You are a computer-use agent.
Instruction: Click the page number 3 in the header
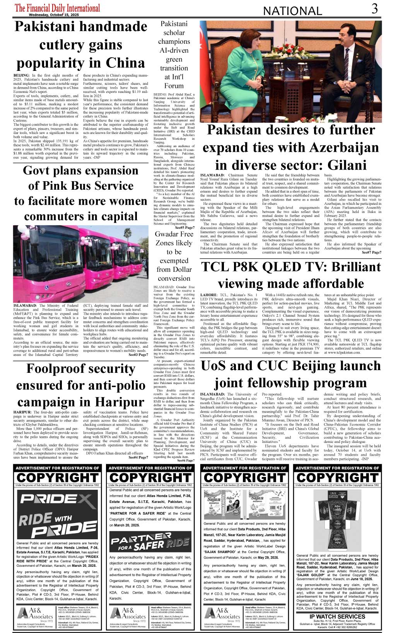374,9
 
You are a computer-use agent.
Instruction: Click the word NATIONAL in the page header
292,11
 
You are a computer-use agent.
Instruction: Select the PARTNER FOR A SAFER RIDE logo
150,541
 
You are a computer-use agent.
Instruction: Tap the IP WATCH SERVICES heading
337,616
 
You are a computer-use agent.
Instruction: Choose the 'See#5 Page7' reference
184,228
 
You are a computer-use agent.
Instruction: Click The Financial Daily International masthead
57,8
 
